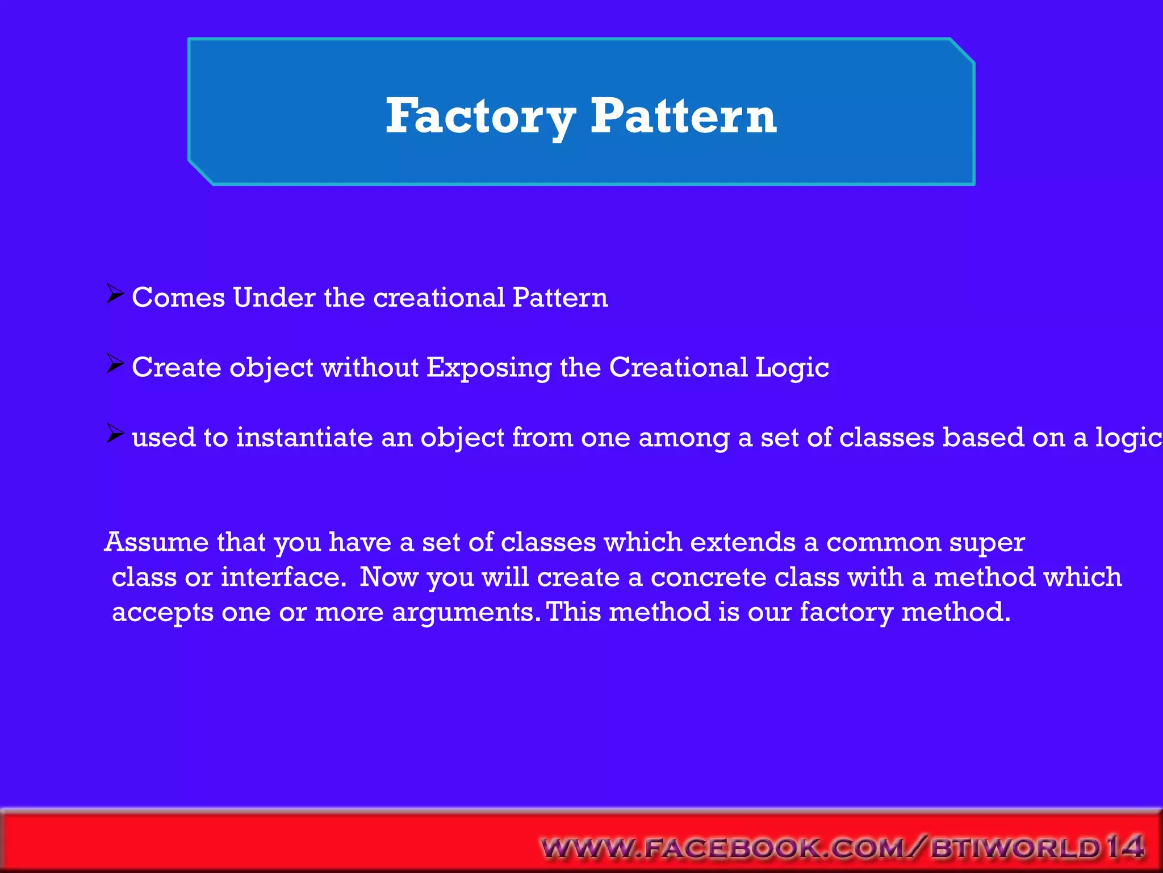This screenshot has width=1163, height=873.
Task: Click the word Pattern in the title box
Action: click(683, 117)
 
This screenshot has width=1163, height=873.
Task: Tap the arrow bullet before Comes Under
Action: click(115, 294)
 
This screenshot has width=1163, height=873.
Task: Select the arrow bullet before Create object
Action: click(115, 364)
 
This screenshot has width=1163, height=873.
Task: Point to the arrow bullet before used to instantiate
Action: click(115, 435)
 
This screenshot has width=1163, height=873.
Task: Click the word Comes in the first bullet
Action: click(178, 298)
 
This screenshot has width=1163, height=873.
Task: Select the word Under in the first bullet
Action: click(274, 298)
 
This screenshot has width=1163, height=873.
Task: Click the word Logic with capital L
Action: click(792, 368)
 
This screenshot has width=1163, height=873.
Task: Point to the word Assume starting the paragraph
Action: click(157, 542)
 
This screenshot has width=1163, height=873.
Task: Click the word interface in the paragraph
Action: click(283, 577)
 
